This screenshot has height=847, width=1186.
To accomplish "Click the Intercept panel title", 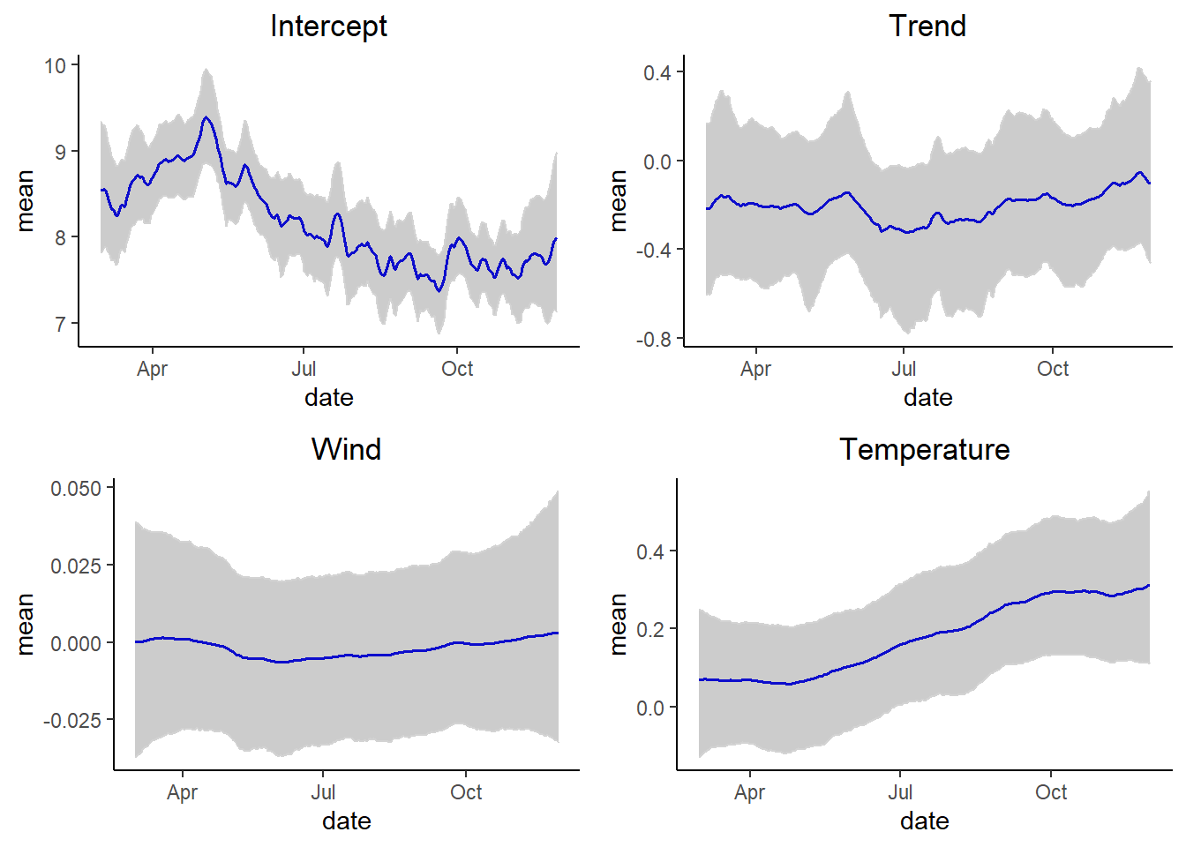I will (x=328, y=26).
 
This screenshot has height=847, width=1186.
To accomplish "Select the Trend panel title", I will (x=927, y=26).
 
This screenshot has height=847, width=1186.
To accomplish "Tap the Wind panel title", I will (x=346, y=450).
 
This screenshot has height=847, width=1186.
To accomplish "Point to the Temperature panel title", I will (x=924, y=450).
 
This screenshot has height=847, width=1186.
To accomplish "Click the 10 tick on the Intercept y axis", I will (x=56, y=66).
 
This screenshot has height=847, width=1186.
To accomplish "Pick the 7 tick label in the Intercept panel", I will (x=60, y=324).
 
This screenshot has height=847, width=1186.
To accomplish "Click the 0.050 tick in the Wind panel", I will (x=76, y=489).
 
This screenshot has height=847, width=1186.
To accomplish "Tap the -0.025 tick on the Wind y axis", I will (x=72, y=721).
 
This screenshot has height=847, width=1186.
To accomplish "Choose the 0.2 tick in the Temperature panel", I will (x=650, y=630).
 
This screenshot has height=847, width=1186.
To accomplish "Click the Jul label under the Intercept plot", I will (x=304, y=369).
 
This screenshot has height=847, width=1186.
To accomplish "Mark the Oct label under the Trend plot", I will (x=1052, y=369).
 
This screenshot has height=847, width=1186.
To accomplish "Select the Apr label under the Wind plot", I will (x=182, y=792).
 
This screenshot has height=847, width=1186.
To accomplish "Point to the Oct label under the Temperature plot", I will (x=1050, y=792).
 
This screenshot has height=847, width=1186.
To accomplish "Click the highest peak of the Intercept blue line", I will (x=206, y=117).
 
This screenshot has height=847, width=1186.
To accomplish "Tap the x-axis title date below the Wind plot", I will (x=346, y=821).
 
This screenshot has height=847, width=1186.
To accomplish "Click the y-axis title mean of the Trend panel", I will (x=619, y=201).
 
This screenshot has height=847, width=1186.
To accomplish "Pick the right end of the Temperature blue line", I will (x=1149, y=585).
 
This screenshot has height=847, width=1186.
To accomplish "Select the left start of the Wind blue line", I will (x=136, y=641).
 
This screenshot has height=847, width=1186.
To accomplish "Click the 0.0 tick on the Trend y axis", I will (x=657, y=162).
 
